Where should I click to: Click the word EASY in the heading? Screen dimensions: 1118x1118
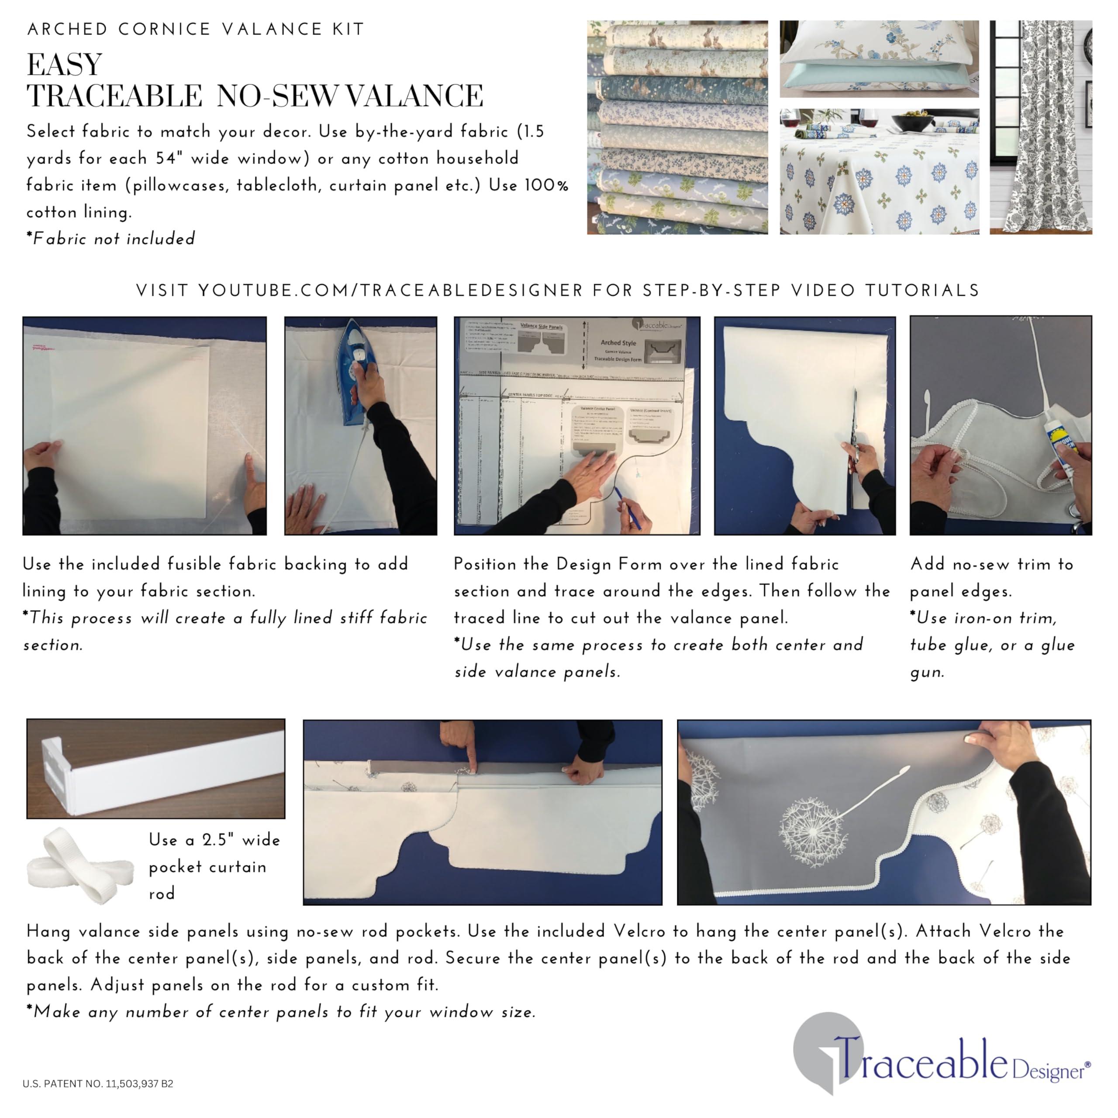pos(65,64)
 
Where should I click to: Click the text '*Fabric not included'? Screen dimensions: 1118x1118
pos(110,238)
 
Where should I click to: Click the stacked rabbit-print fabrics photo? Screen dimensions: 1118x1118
pos(677,128)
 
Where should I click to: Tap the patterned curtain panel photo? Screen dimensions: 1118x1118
pos(1040,128)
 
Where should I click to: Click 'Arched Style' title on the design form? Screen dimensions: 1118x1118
pos(618,342)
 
